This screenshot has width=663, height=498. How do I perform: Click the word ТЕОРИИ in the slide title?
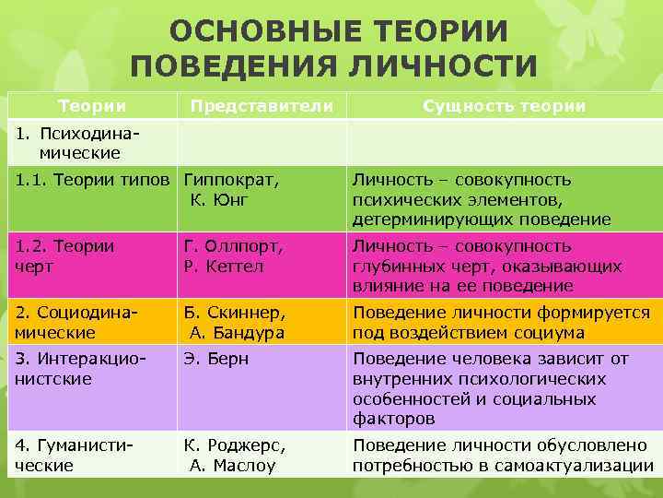429,30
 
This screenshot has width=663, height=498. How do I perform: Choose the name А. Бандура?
237,332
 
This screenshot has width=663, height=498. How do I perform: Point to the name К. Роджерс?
234,445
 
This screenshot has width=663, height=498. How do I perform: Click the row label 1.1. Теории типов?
92,179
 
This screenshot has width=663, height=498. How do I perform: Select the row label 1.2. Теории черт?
64,256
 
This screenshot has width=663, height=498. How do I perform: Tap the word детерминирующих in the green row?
436,219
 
